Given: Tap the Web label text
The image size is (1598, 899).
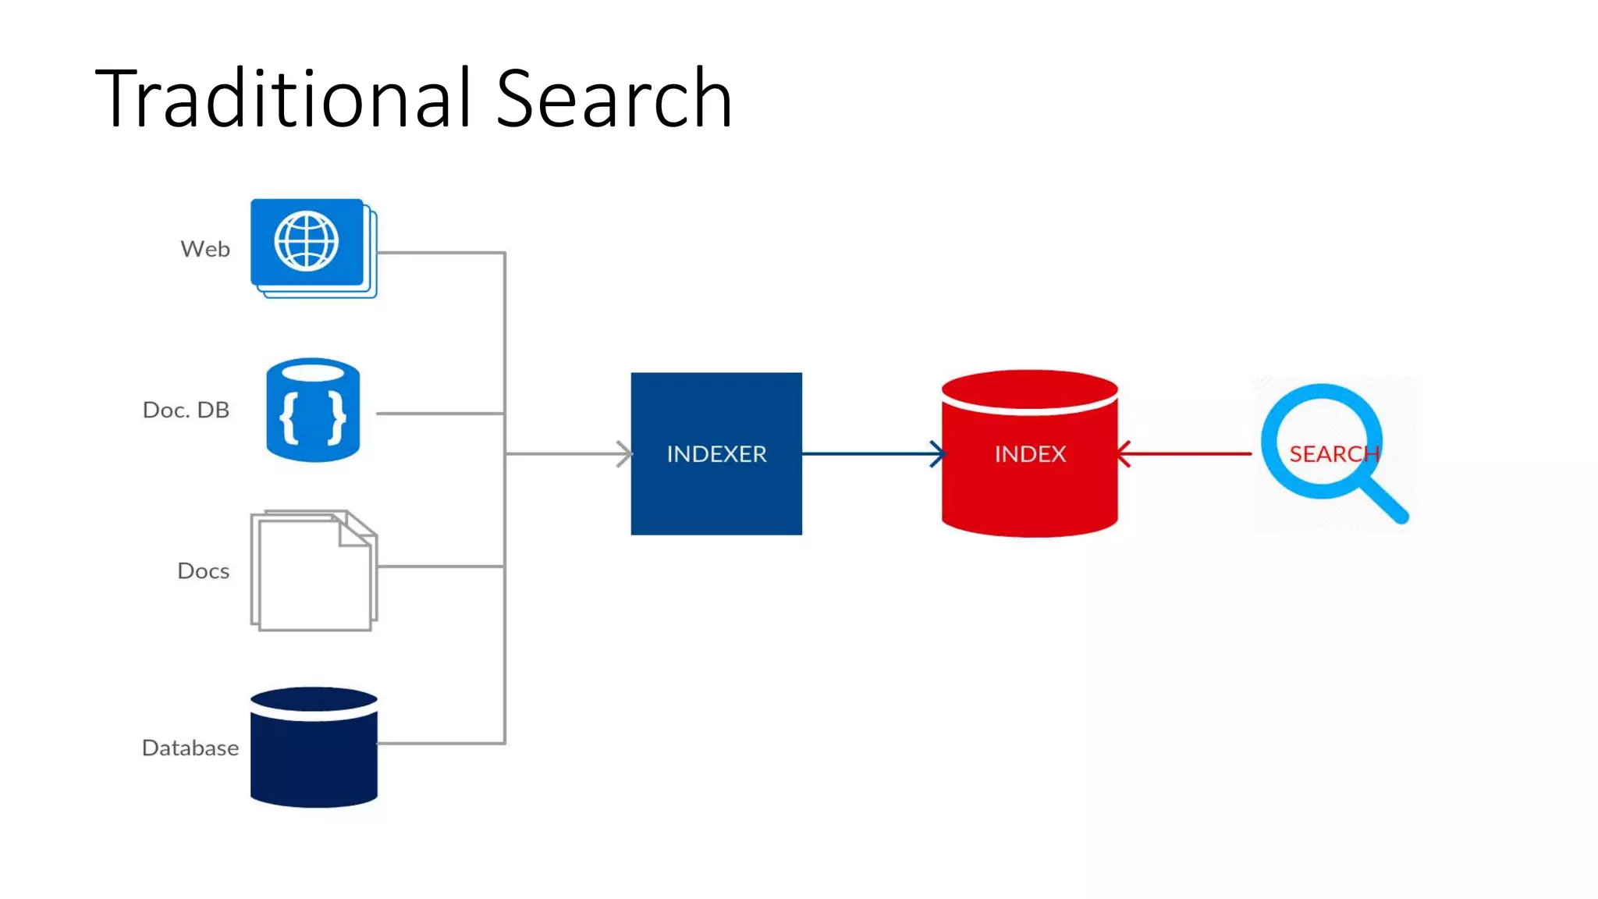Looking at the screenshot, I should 205,249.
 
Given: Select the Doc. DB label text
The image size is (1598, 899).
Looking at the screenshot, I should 186,410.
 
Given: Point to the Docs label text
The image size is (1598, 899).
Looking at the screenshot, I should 203,571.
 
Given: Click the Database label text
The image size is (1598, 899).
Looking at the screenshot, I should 190,748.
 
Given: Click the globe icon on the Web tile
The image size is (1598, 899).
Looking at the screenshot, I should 307,241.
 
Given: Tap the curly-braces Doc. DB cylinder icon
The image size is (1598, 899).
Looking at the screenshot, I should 313,410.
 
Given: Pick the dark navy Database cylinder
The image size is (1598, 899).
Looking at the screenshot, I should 314,749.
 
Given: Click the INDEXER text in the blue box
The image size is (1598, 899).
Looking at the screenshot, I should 716,454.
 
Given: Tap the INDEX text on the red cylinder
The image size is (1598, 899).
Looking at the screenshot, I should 1030,454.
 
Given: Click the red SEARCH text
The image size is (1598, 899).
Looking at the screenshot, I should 1333,453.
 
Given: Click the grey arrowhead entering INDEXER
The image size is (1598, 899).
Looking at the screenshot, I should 623,453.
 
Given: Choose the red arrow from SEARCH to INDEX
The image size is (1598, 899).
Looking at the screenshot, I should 1186,453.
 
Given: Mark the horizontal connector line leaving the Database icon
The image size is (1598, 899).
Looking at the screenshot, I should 441,743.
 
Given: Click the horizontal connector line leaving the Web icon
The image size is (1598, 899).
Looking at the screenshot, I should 441,253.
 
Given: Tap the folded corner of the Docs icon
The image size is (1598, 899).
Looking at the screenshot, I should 356,530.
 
